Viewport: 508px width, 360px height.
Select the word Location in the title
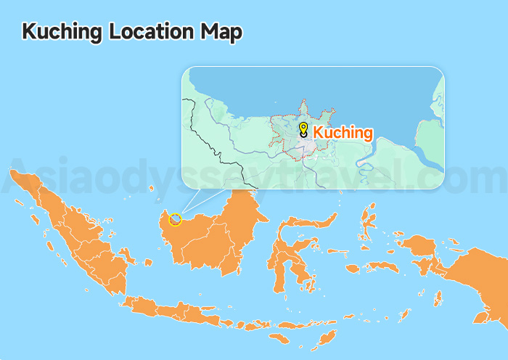click(152, 32)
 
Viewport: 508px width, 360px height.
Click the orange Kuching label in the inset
click(343, 133)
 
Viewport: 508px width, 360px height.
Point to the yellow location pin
click(303, 129)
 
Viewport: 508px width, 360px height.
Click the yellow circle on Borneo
click(175, 218)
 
